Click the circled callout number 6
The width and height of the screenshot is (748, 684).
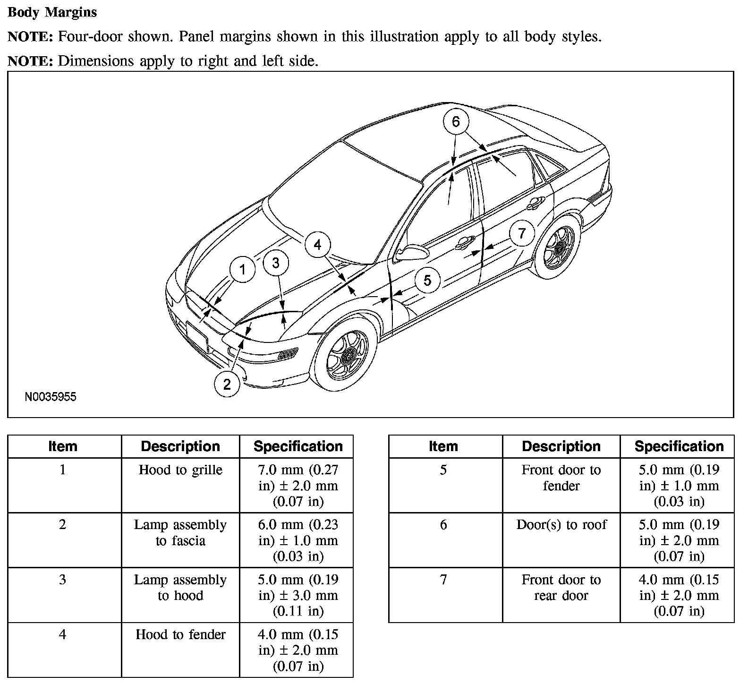456,122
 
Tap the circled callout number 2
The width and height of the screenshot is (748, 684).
227,385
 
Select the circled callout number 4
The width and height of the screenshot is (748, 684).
317,245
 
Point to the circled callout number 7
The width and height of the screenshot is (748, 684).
521,233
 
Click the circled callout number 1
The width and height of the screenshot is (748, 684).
243,270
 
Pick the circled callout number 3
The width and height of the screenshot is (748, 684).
276,263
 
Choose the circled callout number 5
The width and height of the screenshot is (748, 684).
427,280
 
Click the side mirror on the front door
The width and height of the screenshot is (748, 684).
410,253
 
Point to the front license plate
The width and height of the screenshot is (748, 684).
197,337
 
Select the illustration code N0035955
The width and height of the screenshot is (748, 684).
51,397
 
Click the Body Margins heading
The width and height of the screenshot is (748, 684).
52,12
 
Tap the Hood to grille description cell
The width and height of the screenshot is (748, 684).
180,470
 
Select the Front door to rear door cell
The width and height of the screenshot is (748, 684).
561,588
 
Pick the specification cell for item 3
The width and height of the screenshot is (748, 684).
298,595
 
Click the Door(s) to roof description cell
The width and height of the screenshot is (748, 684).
561,525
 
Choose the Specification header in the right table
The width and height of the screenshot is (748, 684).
679,446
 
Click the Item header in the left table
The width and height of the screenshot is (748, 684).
63,446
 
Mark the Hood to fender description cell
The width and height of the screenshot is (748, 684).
180,634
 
